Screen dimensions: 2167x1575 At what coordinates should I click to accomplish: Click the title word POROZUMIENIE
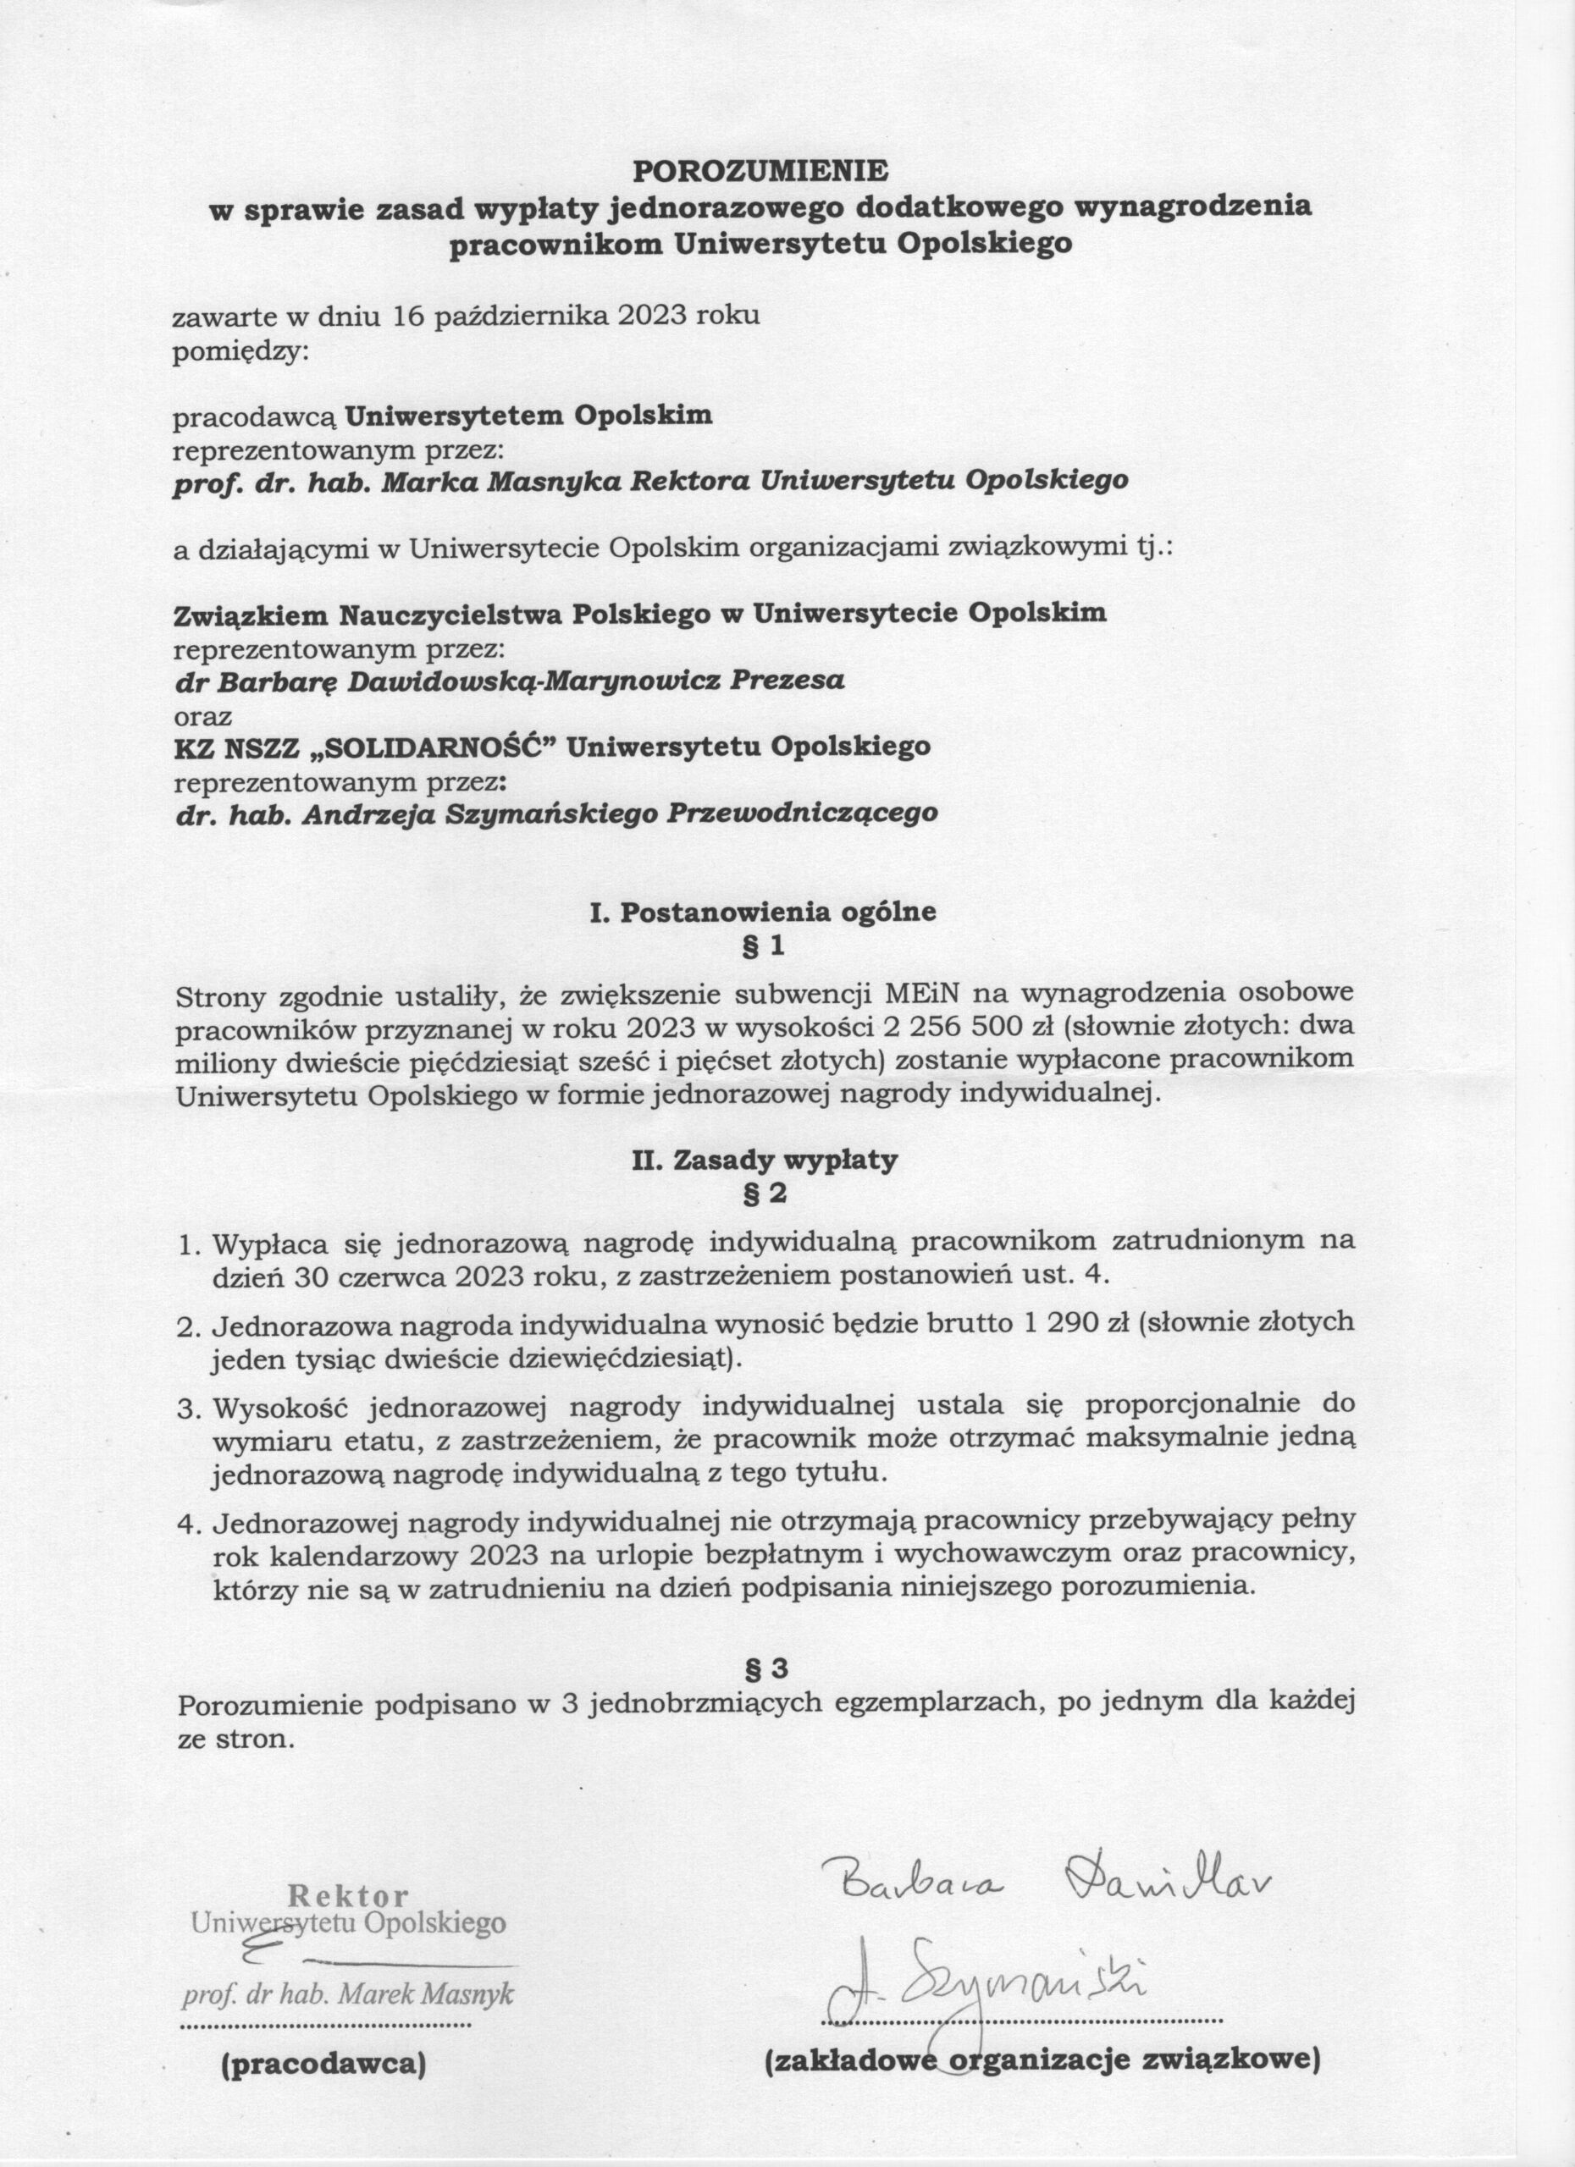click(x=760, y=170)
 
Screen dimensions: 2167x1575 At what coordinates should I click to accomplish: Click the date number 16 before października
click(x=407, y=317)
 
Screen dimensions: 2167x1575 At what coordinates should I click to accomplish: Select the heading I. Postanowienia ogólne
click(x=763, y=912)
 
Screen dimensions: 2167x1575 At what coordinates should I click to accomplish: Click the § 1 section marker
click(x=763, y=947)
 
